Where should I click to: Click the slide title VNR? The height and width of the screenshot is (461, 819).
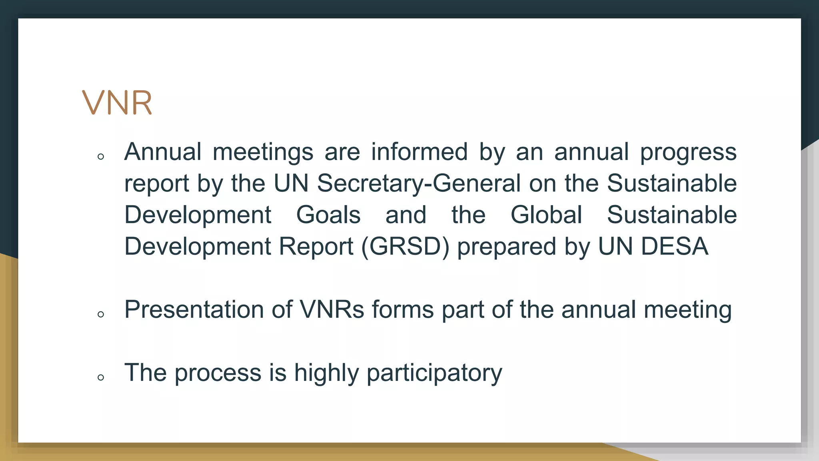[x=117, y=103]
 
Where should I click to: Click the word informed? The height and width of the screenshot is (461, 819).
[x=419, y=152]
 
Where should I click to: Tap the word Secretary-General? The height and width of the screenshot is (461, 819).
[x=419, y=183]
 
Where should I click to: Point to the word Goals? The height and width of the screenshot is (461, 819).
[x=328, y=215]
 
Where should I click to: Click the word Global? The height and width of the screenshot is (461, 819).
[x=546, y=215]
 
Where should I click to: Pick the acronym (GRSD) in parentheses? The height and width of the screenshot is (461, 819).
[x=405, y=246]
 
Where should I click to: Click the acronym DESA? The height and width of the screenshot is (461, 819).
[x=675, y=246]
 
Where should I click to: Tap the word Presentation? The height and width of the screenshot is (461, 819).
[x=194, y=309]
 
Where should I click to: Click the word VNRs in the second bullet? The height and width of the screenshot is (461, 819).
[x=332, y=309]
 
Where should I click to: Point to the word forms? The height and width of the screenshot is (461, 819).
[x=403, y=309]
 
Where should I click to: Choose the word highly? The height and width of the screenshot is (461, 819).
[x=326, y=373]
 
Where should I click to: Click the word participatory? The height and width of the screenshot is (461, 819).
[x=434, y=373]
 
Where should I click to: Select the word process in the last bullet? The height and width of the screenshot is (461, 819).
[x=218, y=373]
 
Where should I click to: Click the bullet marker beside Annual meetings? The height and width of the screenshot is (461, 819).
[x=101, y=156]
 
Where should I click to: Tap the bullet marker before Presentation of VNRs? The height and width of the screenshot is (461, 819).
[x=101, y=314]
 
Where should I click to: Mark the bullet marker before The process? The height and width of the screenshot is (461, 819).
[x=101, y=377]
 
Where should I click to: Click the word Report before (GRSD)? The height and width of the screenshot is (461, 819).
[x=316, y=246]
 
